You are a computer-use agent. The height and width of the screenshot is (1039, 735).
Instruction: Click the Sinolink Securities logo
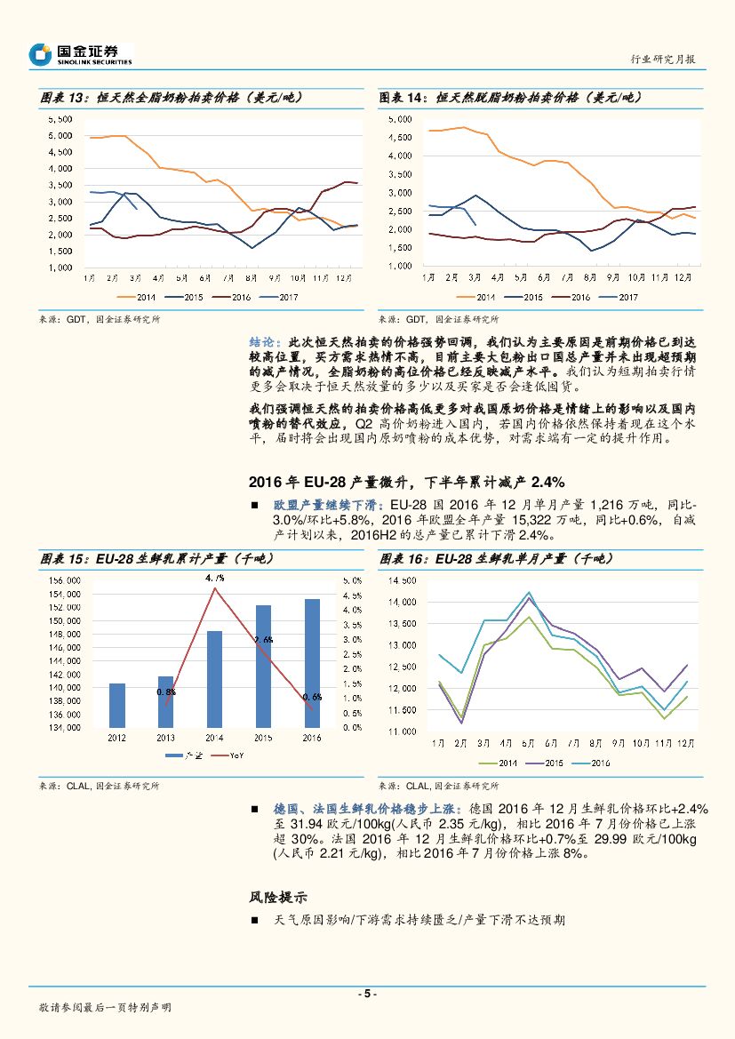click(81, 54)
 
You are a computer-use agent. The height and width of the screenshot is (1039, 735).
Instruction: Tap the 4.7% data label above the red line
click(214, 578)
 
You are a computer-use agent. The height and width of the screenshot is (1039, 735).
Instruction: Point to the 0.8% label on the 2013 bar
click(166, 691)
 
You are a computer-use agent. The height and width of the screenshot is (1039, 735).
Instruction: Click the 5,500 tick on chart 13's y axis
click(60, 118)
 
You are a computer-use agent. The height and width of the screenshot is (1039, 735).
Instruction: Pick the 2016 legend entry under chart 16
click(593, 763)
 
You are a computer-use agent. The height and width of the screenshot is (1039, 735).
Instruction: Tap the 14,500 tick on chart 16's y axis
click(403, 581)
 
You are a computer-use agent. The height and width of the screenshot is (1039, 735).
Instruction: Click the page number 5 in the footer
click(367, 994)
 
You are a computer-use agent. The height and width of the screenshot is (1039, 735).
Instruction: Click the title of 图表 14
click(510, 97)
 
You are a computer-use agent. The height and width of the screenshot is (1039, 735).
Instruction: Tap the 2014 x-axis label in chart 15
click(214, 738)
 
